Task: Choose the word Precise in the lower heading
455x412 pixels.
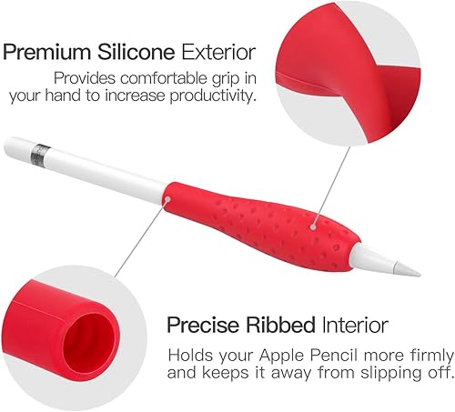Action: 203,325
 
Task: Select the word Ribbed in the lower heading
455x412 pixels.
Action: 283,325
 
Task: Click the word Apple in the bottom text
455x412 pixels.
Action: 298,352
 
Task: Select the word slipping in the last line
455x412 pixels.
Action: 360,371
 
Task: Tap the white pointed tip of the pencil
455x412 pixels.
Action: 408,266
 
